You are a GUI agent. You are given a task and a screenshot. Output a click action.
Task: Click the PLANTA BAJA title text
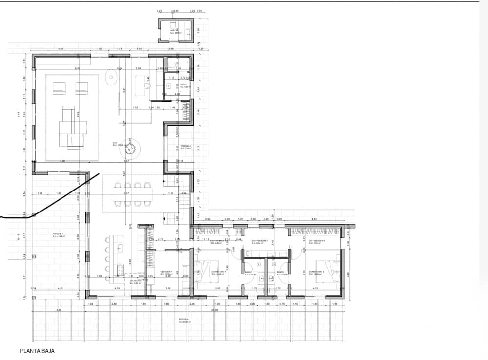point(37,351)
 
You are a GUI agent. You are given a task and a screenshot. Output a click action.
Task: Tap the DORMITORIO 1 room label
point(218,273)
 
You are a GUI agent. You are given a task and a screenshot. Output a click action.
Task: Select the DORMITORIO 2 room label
point(316,272)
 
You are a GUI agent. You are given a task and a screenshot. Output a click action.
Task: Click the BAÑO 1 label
point(248,273)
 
